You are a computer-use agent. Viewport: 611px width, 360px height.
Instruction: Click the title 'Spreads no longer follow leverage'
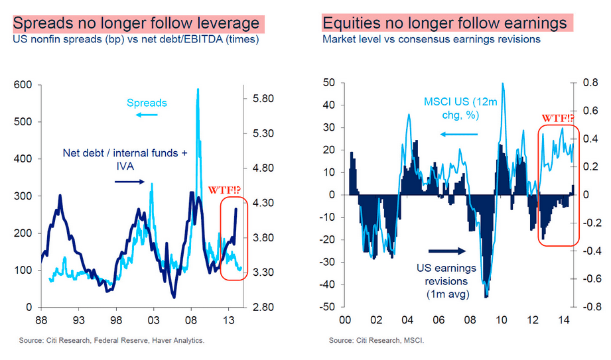pos(136,24)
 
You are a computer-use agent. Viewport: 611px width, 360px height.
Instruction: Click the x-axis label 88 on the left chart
pos(41,320)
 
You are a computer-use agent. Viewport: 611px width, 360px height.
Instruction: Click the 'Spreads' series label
pos(147,103)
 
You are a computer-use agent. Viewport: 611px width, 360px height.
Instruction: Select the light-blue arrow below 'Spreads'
pos(147,115)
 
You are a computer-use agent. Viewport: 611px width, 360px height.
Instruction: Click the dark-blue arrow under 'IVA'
pos(129,180)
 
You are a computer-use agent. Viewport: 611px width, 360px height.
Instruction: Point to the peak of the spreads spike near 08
pos(197,90)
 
